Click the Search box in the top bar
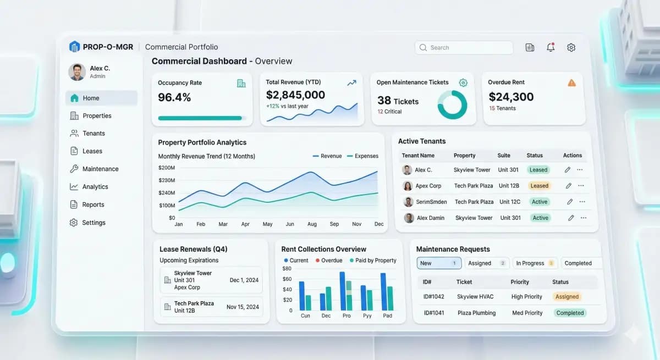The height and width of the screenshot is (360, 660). [463, 48]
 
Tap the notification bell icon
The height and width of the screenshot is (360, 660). [551, 48]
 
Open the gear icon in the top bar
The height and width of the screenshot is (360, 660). [571, 48]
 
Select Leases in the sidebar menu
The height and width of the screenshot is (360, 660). [92, 151]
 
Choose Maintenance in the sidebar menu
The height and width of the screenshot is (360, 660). [100, 169]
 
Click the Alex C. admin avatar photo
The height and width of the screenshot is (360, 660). [77, 72]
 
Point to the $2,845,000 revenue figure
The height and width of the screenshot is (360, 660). [295, 95]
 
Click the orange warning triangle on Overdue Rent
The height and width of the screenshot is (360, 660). [571, 83]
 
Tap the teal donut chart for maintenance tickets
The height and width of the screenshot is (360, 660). [452, 104]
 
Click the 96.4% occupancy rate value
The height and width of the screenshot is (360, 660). [174, 98]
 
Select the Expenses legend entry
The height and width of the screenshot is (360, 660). [362, 156]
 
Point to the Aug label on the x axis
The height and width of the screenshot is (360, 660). [312, 224]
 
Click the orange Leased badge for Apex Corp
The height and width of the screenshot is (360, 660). [539, 186]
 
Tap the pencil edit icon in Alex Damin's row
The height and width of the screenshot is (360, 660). [571, 218]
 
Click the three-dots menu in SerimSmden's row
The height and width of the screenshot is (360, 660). [582, 202]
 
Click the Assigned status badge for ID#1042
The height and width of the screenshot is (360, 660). [566, 297]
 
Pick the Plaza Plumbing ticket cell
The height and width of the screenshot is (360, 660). [476, 313]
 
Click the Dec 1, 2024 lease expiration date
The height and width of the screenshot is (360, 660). [244, 280]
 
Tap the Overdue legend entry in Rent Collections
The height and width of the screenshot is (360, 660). [328, 261]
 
